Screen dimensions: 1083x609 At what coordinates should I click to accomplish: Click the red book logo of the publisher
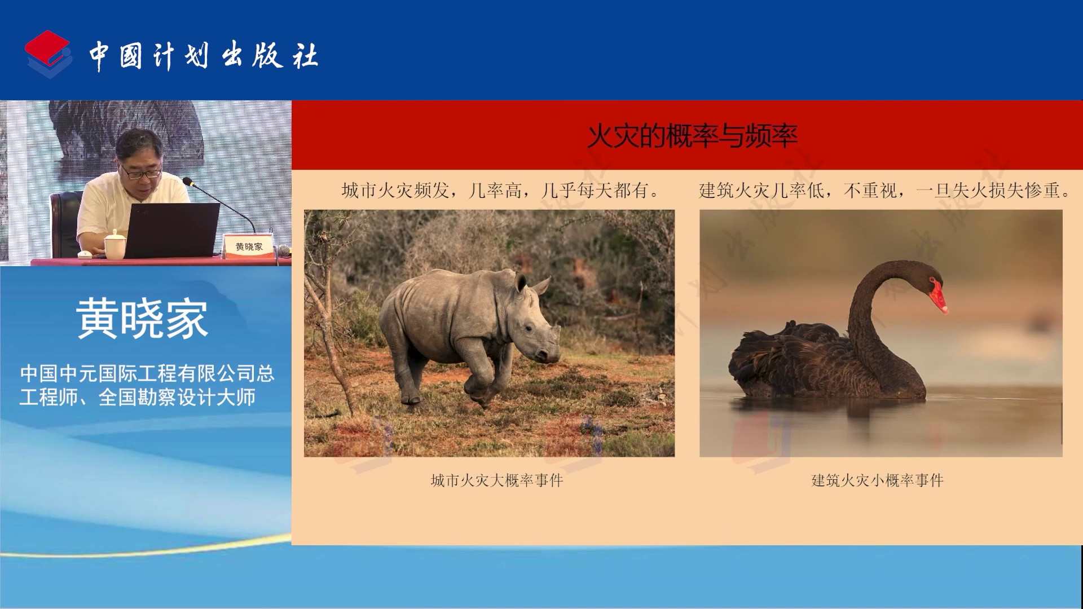coord(48,54)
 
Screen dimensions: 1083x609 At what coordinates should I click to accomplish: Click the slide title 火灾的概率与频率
coord(692,135)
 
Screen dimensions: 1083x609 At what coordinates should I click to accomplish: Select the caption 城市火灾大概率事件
coord(497,480)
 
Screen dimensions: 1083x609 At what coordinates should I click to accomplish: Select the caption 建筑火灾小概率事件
coord(877,480)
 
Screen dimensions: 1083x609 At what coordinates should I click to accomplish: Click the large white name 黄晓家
coord(142,319)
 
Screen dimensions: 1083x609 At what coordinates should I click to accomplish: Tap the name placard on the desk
coord(249,246)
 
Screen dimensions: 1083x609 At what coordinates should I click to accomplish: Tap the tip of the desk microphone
coord(187,181)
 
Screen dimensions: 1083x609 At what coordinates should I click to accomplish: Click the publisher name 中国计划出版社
coord(204,56)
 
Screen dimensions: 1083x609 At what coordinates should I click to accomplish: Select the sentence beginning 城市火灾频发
coord(500,191)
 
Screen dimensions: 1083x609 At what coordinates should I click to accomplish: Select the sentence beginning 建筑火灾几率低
coord(884,191)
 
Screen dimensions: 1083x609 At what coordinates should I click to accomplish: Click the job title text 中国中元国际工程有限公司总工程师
coord(147,385)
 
